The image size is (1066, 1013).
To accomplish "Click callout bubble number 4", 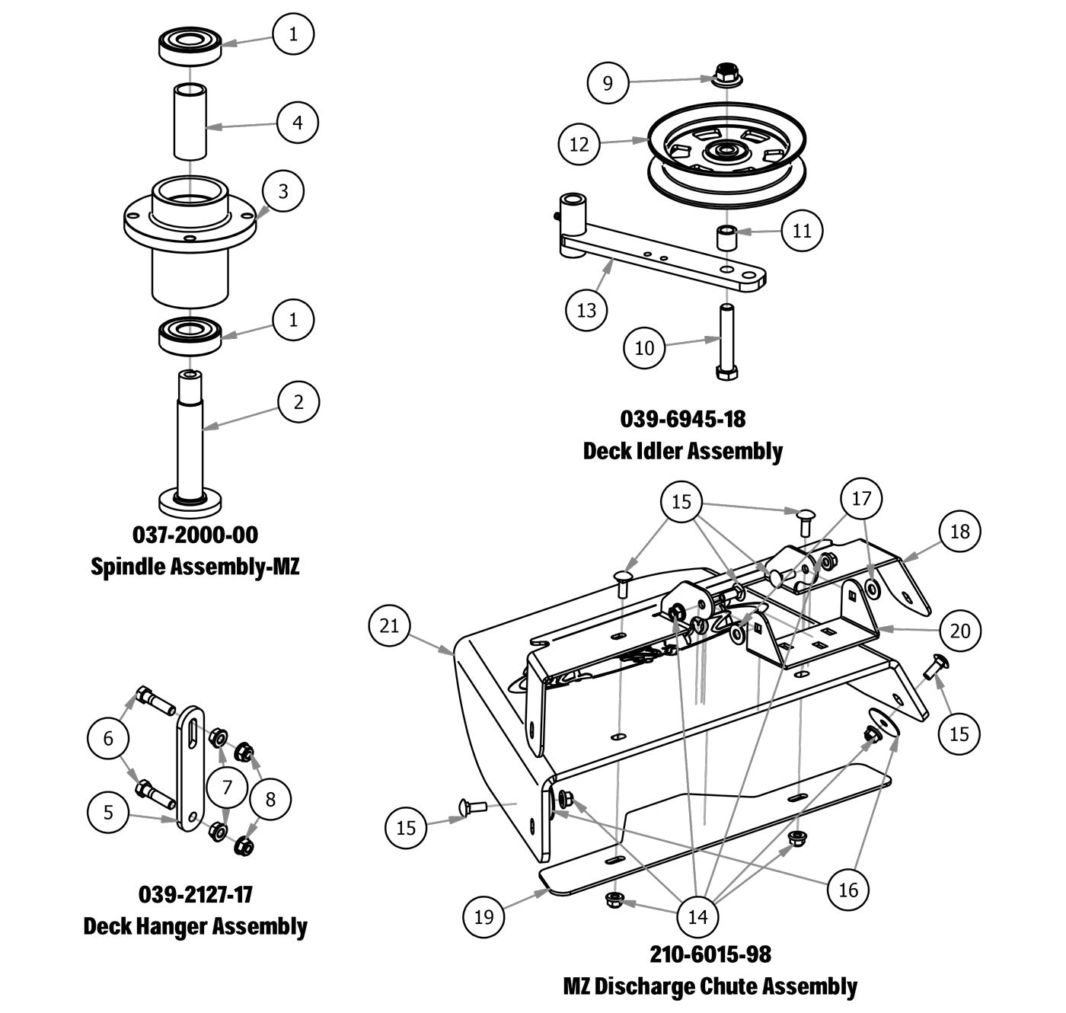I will click(x=298, y=122).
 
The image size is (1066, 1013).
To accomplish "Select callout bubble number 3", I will click(x=283, y=190).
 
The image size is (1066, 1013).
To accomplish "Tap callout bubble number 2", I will click(x=298, y=401).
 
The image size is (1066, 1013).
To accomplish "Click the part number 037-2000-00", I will click(x=195, y=535).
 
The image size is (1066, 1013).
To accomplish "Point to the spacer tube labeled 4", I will click(x=190, y=122).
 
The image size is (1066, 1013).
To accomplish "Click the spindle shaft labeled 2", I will click(x=190, y=434).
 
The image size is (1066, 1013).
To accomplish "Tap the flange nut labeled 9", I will click(x=724, y=75).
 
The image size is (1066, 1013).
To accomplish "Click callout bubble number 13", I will click(x=586, y=310).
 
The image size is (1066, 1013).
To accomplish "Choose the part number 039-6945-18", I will click(x=683, y=419).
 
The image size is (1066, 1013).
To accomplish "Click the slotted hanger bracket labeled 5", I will click(x=190, y=769).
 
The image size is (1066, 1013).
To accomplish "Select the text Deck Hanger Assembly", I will click(x=195, y=926).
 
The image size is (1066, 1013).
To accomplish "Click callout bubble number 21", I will click(x=389, y=625).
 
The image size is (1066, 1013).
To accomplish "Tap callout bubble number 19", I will click(x=484, y=916).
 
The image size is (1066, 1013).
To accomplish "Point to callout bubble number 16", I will click(x=848, y=889).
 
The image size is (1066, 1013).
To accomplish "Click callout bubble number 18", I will click(x=960, y=531).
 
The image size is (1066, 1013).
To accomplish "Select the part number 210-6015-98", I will click(x=710, y=954).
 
